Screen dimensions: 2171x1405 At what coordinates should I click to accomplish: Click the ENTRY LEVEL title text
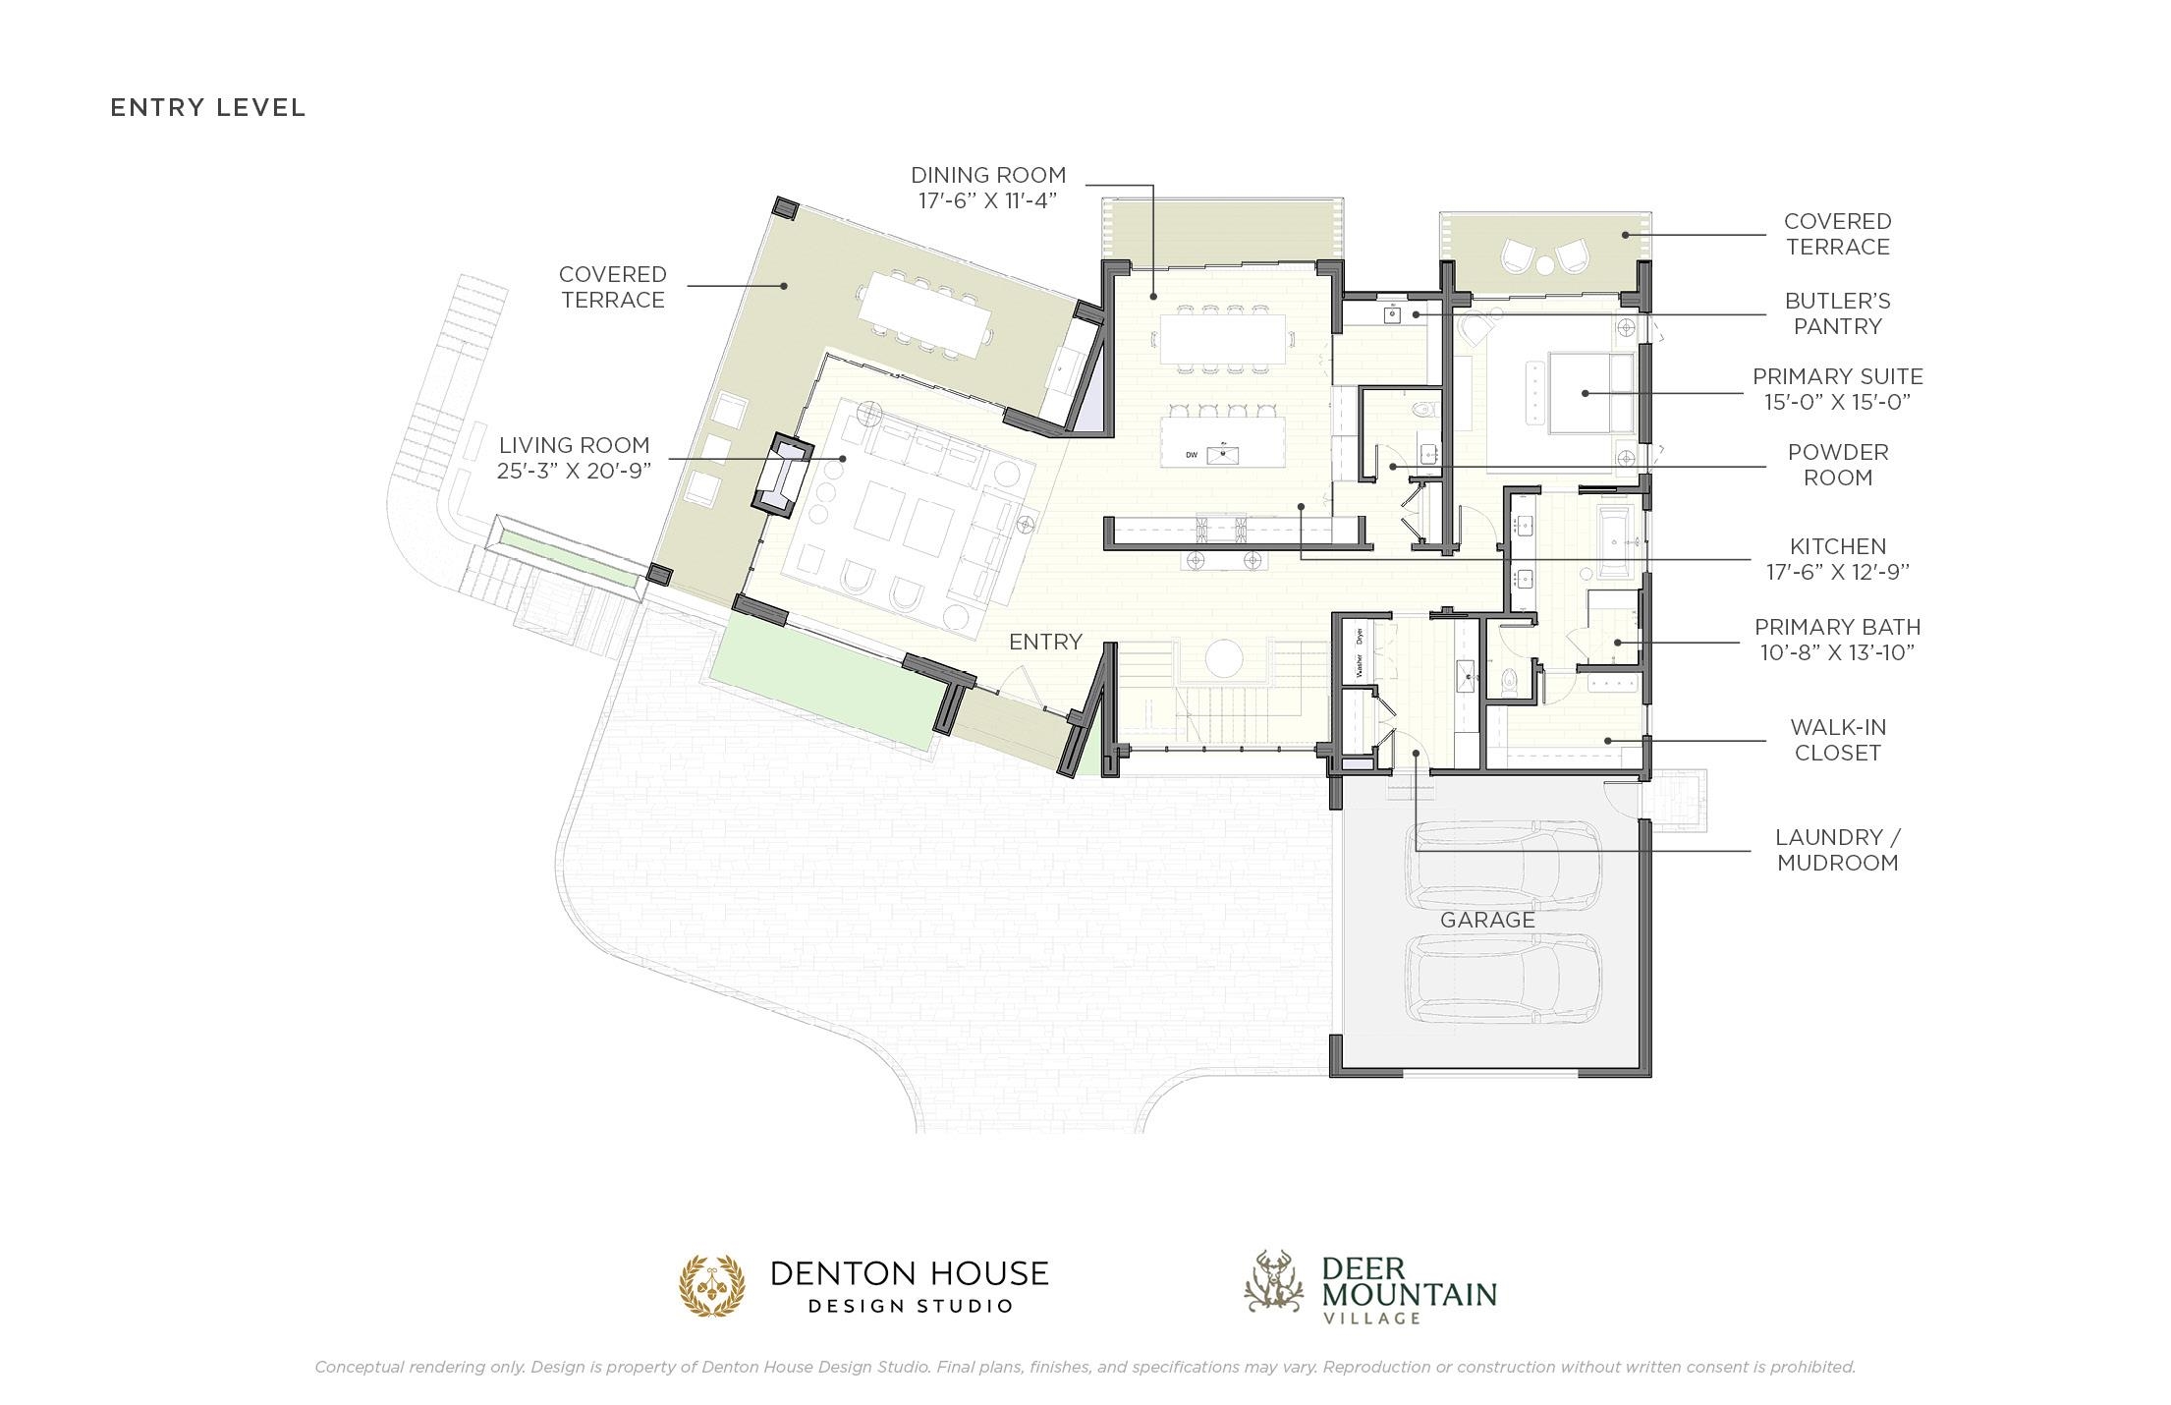pos(208,107)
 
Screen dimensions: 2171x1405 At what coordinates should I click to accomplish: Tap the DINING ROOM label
pos(988,175)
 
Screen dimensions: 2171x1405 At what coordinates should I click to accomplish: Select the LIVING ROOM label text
pos(574,445)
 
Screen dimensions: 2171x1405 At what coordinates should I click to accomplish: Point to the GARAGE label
pos(1487,920)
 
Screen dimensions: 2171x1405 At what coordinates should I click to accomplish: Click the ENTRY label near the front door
pos(1045,642)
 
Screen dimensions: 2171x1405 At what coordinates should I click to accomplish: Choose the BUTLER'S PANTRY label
pos(1837,313)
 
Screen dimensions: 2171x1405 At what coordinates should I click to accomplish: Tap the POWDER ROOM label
pos(1837,465)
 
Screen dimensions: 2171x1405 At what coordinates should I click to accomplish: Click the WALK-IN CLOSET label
pos(1837,740)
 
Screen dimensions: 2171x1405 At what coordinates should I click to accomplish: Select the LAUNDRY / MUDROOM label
pos(1837,850)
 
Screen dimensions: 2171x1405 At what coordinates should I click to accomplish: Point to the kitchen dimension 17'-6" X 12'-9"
pos(1837,572)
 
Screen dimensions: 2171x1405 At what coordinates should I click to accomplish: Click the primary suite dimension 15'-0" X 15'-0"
pos(1837,402)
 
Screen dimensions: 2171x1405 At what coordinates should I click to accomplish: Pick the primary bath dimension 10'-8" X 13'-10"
pos(1837,652)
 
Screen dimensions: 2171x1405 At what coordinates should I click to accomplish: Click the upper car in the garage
pos(1506,864)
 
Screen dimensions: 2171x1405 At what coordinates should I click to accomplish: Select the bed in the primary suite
pos(1591,392)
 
